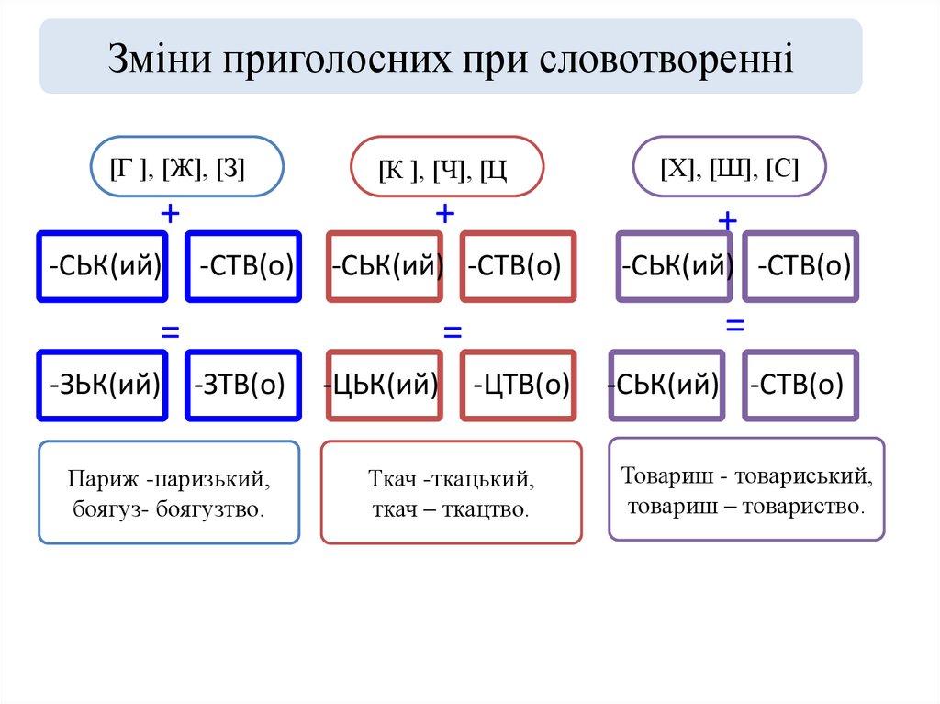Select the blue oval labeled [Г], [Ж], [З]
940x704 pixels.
pos(186,167)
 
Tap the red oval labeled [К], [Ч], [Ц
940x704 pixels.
pos(447,167)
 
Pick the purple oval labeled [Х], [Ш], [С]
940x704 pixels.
pos(729,167)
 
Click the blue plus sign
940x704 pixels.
pos(170,213)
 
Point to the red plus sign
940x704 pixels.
pos(445,214)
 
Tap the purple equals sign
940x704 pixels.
pos(734,325)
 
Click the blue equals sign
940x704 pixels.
pos(170,331)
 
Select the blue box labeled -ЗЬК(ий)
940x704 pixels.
pos(103,385)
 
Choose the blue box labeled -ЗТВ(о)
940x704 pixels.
pos(242,385)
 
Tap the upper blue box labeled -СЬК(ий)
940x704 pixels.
pos(103,266)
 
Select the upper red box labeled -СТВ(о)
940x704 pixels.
pos(519,266)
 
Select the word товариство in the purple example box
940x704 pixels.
pos(803,505)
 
